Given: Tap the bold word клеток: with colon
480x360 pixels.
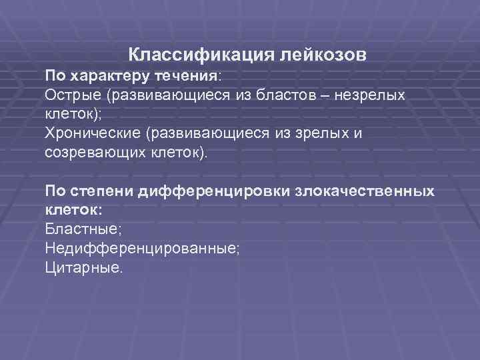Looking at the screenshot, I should tap(74, 209).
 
